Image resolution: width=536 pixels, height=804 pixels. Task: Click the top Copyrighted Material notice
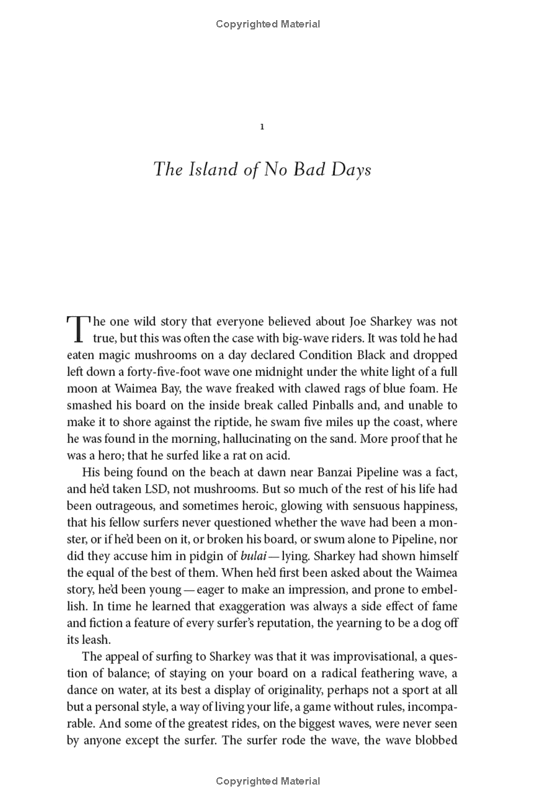[x=268, y=24]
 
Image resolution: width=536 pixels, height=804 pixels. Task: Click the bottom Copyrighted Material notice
[x=268, y=781]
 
